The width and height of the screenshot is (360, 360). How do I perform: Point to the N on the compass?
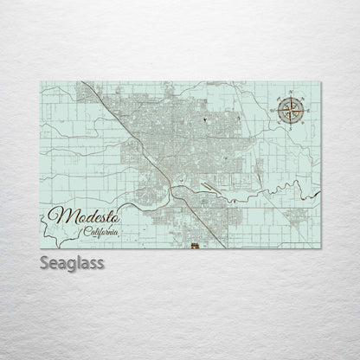click(291, 92)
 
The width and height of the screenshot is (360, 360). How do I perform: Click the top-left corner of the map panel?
click(41, 78)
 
